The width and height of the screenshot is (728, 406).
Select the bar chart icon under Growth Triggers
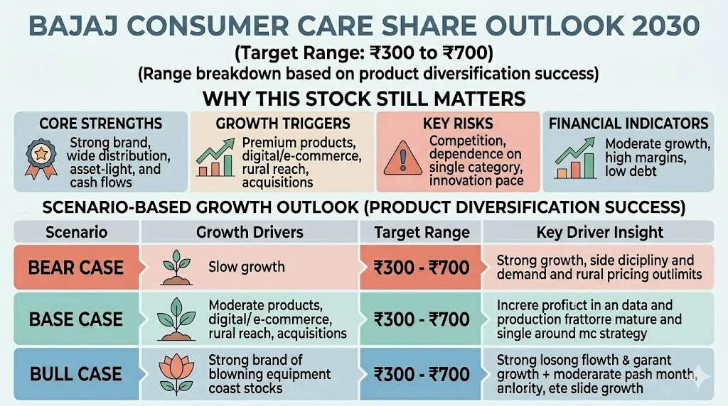click(217, 160)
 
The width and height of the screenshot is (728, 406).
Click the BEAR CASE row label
click(75, 268)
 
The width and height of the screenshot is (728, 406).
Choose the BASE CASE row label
click(75, 319)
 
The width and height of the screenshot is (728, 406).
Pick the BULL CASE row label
click(75, 373)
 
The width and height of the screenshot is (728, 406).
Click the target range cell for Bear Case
click(422, 268)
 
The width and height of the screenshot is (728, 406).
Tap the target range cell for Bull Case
click(422, 374)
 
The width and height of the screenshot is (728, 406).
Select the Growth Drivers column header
click(249, 232)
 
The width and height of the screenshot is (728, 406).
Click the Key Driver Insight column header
click(599, 232)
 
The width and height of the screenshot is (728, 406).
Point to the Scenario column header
click(76, 232)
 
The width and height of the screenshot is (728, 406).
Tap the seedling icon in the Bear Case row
click(173, 266)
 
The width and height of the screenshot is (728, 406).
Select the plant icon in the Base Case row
click(173, 319)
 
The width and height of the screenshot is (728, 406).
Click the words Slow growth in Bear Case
click(246, 268)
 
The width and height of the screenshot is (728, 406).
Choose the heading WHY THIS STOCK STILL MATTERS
click(363, 97)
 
